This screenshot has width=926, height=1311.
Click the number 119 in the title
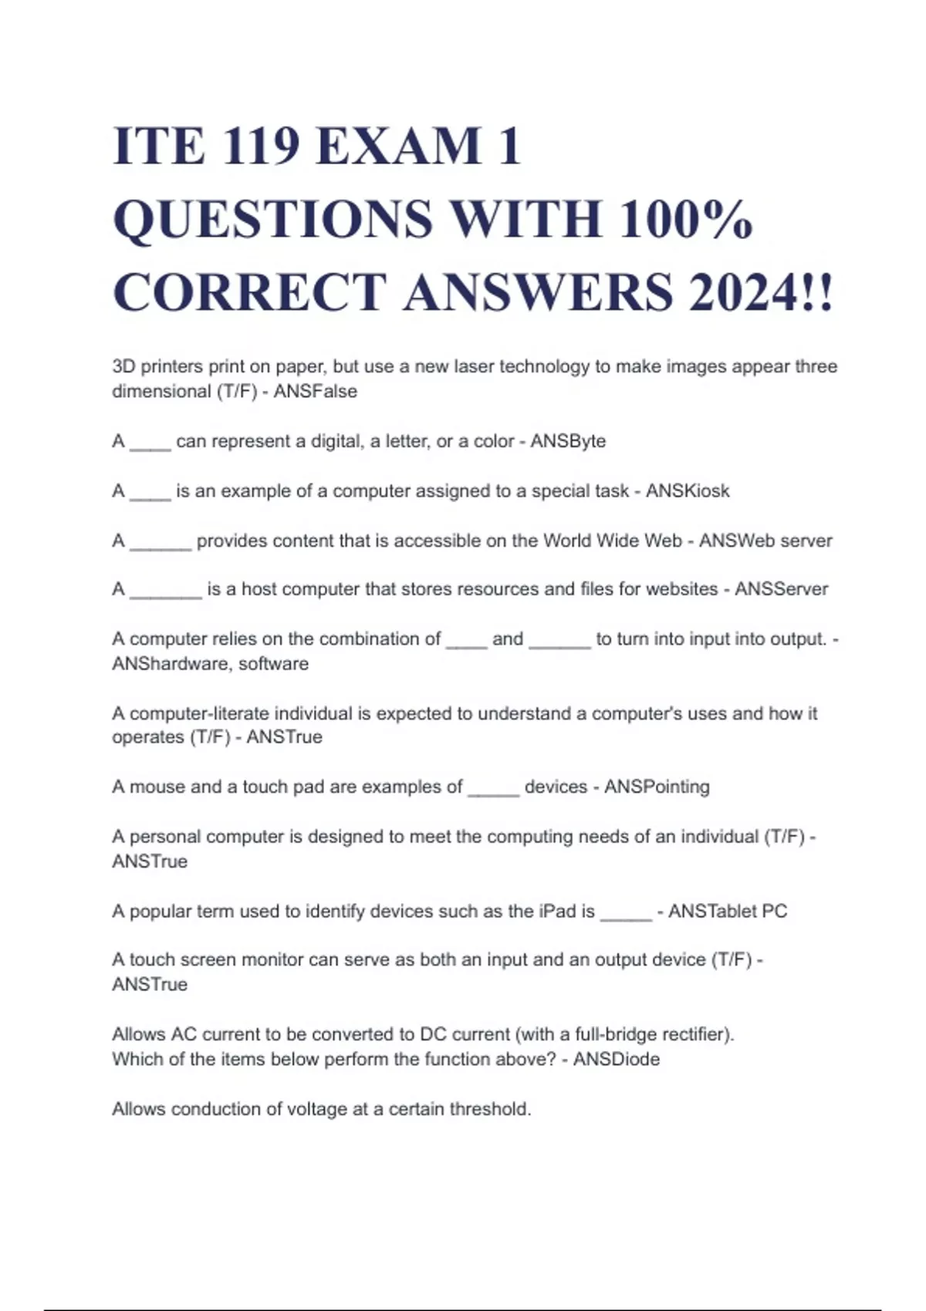tap(260, 146)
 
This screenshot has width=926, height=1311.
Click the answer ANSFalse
tap(316, 392)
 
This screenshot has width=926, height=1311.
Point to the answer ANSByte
tap(568, 441)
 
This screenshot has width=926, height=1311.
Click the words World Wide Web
tap(613, 541)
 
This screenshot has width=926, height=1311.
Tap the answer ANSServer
tap(781, 589)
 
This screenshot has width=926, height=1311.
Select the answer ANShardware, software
tap(210, 664)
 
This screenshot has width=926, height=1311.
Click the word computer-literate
tap(199, 713)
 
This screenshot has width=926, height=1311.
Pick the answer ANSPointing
tap(657, 787)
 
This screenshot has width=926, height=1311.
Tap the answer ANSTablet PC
tap(728, 911)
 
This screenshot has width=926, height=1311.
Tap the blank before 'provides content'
tap(161, 542)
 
